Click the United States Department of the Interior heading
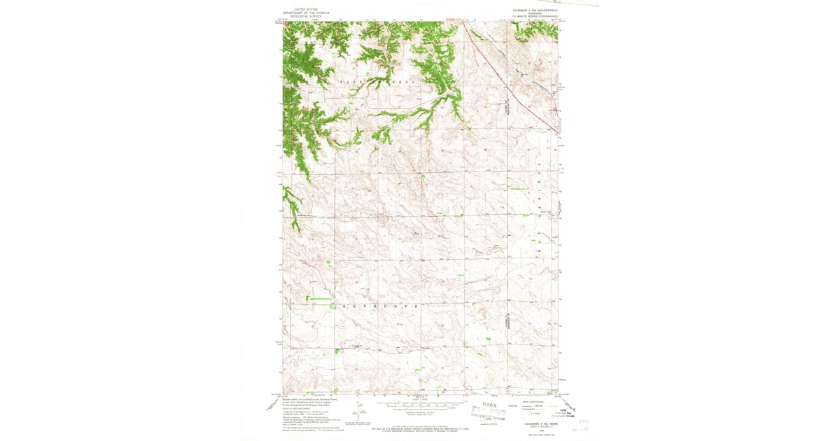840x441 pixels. (305, 13)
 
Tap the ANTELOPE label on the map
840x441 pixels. (381, 307)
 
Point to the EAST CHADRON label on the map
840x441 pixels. (378, 83)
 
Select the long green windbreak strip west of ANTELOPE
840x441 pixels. (319, 299)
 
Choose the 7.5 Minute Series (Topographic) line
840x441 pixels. (535, 17)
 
